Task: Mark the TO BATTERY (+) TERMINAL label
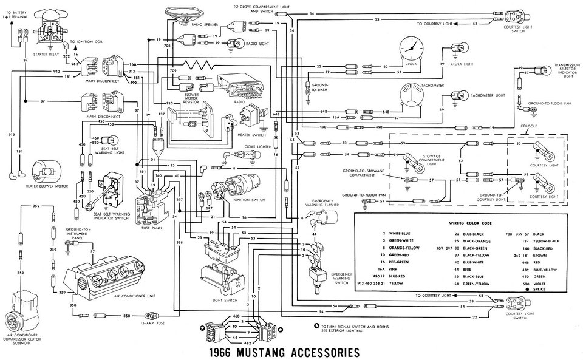tap(16, 14)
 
